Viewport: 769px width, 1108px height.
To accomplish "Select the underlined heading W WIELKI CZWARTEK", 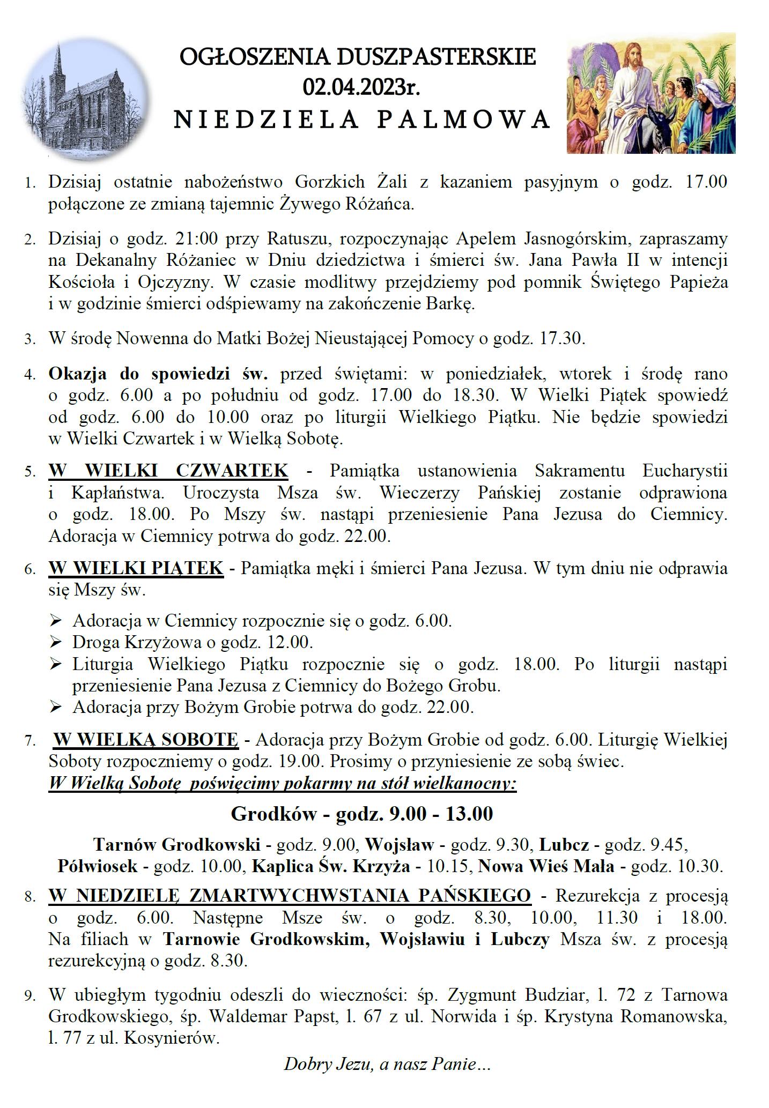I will [x=168, y=471].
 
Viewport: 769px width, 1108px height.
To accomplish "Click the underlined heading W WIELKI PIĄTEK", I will [x=136, y=567].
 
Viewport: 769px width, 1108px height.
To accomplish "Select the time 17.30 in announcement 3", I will [x=565, y=339].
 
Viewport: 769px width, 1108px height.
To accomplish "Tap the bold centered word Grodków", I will [x=273, y=814].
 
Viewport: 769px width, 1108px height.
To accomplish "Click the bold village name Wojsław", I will [x=400, y=845].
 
